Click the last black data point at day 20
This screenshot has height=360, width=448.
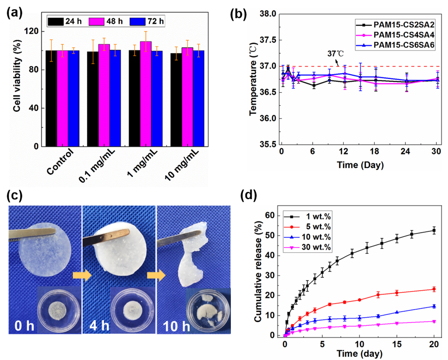point(434,231)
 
